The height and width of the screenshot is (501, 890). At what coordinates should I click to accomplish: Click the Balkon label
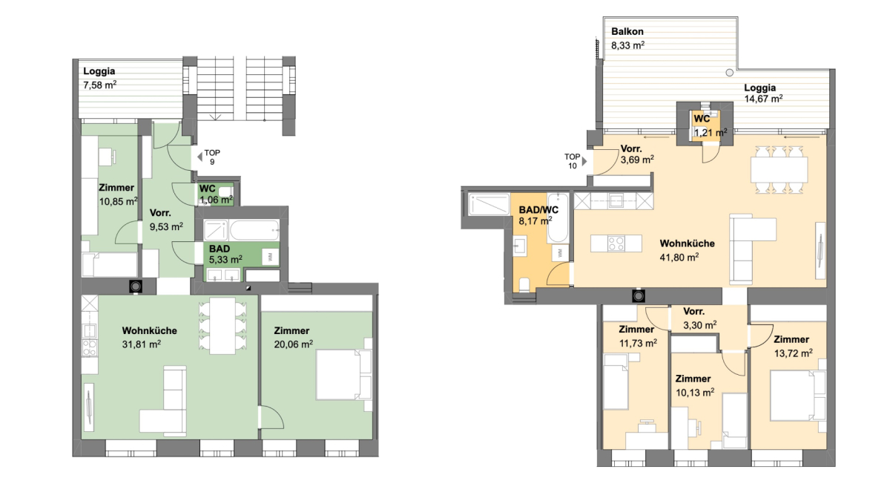[x=627, y=31]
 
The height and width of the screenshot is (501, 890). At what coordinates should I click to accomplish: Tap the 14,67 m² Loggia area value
[x=763, y=99]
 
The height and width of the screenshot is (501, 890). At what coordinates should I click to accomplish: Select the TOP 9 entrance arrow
[x=200, y=157]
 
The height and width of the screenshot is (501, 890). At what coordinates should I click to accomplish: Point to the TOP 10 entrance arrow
[x=584, y=162]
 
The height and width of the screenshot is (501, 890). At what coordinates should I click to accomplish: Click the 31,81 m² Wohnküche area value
[x=142, y=344]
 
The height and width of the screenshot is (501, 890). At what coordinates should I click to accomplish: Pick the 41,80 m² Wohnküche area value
[x=679, y=258]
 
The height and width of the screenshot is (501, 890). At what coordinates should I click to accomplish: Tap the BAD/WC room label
[x=538, y=210]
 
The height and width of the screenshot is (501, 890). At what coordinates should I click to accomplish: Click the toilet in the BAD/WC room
[x=524, y=285]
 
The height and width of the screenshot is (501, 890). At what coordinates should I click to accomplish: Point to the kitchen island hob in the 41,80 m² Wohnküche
[x=616, y=243]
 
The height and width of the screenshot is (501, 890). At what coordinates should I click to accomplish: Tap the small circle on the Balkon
[x=730, y=73]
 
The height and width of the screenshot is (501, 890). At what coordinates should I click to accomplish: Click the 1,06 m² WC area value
[x=216, y=199]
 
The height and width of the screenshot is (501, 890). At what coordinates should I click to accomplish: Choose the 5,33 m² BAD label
[x=220, y=249]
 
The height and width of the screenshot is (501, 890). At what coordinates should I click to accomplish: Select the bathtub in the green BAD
[x=254, y=230]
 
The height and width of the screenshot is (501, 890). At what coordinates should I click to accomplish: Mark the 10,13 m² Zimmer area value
[x=696, y=393]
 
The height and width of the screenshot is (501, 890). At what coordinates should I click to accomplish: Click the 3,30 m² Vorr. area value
[x=700, y=325]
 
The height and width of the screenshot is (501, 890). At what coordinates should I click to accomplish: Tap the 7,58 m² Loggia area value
[x=99, y=85]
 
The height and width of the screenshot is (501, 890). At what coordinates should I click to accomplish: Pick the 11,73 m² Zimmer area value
[x=638, y=343]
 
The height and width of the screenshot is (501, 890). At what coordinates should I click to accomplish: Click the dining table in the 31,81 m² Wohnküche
[x=222, y=326]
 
